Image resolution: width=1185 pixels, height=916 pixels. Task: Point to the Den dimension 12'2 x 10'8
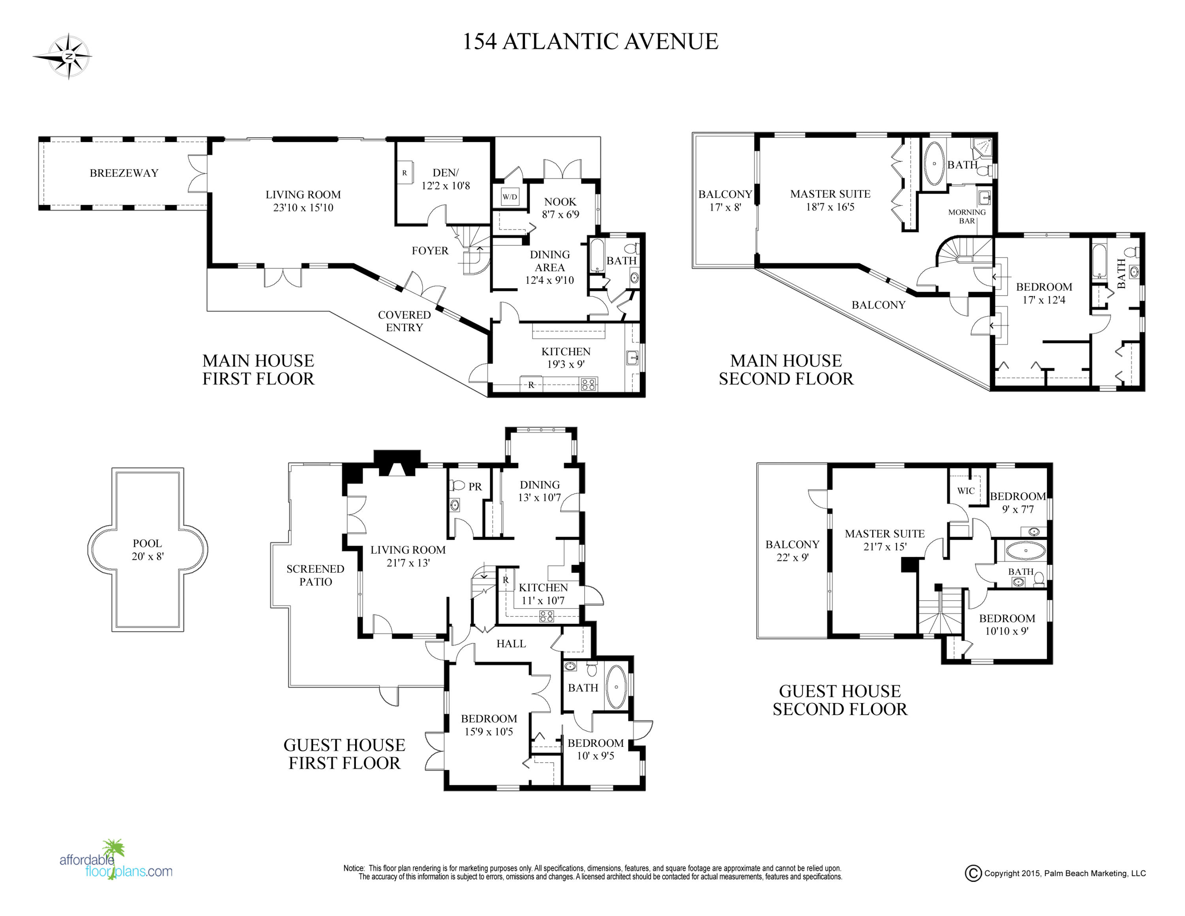(446, 186)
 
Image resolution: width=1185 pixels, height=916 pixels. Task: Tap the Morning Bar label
(967, 217)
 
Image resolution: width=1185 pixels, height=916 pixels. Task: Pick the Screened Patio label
(315, 575)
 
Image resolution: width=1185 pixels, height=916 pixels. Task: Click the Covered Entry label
(404, 321)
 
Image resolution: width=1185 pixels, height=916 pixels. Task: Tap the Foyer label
(430, 251)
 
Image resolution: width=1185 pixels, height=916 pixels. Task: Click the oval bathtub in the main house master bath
(934, 163)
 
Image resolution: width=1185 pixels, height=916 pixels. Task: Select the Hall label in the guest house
(511, 644)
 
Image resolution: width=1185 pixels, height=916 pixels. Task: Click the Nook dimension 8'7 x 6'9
(561, 214)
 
